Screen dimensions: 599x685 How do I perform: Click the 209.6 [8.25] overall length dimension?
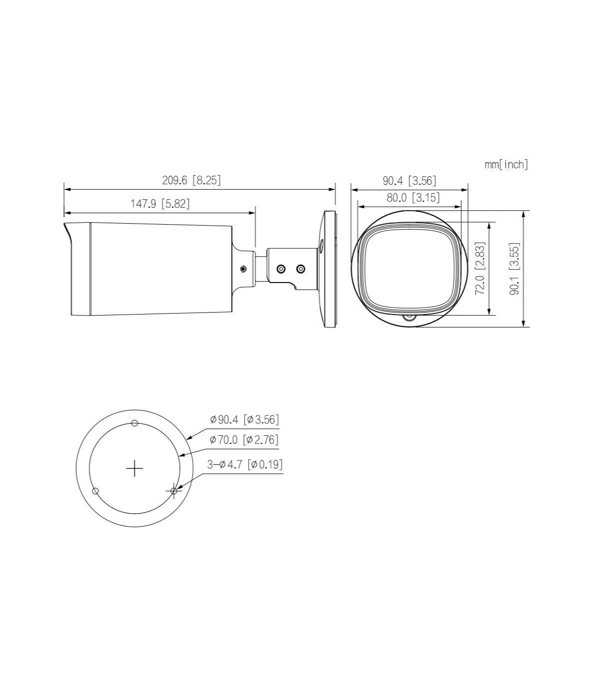[191, 180]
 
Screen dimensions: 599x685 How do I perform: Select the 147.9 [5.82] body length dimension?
[160, 204]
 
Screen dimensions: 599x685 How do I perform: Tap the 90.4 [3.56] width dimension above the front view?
[410, 181]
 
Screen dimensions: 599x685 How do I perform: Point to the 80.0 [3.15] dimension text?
[413, 198]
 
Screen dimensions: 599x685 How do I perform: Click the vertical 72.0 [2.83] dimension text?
[480, 268]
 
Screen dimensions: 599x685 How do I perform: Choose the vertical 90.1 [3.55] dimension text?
[514, 269]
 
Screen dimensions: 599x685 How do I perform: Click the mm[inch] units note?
[506, 164]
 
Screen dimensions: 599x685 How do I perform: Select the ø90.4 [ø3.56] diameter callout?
[244, 419]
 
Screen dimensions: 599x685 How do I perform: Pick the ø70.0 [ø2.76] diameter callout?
[244, 439]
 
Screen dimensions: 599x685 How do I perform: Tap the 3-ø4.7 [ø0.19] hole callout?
[245, 464]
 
